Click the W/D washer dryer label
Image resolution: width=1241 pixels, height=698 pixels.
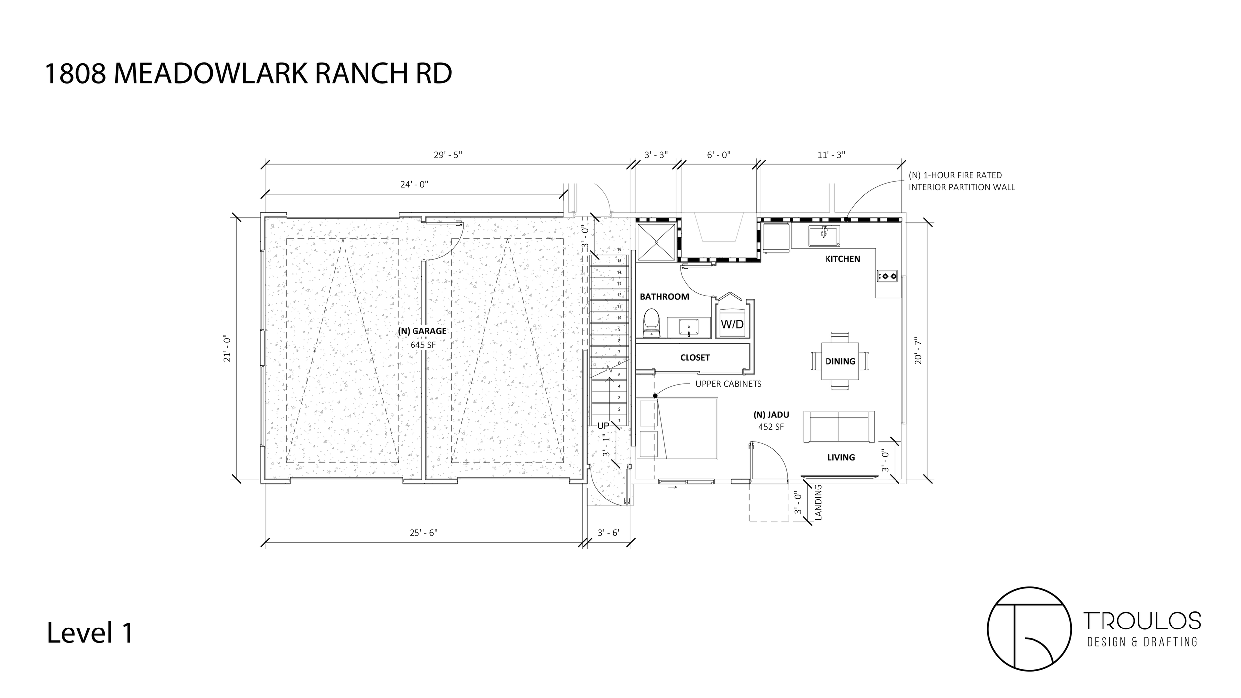tap(732, 324)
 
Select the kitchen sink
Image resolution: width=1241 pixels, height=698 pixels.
tap(824, 236)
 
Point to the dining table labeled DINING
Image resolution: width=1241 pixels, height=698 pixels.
tap(840, 361)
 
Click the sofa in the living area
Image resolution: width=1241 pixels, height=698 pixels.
tap(839, 426)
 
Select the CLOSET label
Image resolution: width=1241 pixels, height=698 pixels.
tap(694, 357)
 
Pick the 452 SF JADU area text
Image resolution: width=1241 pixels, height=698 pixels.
tap(771, 426)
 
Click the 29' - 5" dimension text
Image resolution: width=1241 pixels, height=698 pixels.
tap(448, 155)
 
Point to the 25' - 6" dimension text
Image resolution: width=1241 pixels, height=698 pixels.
tap(423, 533)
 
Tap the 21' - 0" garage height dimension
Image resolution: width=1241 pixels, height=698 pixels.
tap(228, 349)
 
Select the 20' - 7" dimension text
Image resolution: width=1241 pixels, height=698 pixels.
tap(918, 351)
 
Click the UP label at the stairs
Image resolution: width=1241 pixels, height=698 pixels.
tap(603, 426)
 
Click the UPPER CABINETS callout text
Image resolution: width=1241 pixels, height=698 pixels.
tap(728, 384)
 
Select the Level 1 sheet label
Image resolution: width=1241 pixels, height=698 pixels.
tap(90, 633)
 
